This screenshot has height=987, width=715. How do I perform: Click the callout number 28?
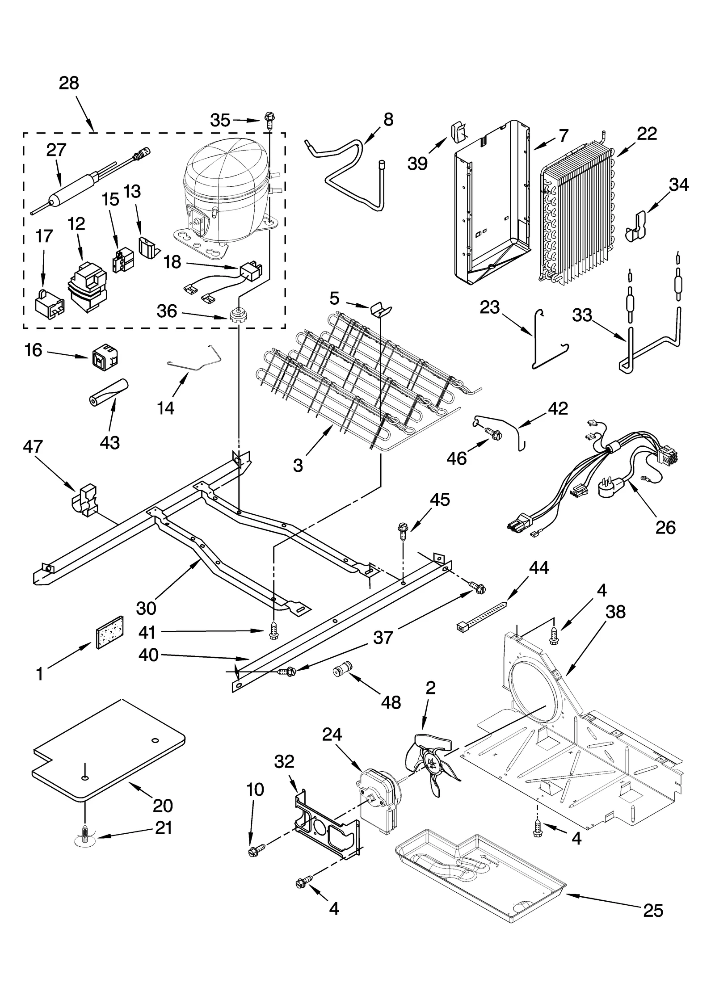[69, 83]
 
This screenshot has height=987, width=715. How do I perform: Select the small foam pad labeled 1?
[109, 632]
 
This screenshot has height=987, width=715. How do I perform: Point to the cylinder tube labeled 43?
[107, 387]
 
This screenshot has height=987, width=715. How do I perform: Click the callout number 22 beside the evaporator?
[647, 134]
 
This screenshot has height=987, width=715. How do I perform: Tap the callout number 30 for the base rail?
[146, 608]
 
